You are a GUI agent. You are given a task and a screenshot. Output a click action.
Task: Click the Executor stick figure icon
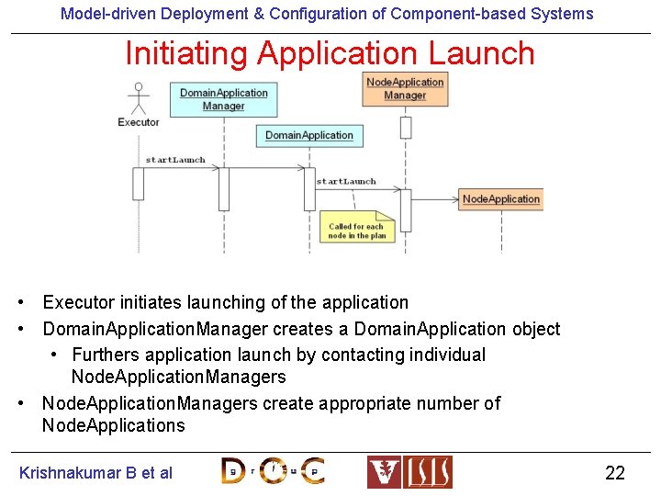(139, 97)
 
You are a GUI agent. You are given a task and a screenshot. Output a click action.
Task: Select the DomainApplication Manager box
(223, 99)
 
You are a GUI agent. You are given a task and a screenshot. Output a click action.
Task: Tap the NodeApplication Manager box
(405, 89)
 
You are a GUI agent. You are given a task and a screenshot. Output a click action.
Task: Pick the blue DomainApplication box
(309, 136)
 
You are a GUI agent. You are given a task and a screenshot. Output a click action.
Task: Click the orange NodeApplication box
(500, 199)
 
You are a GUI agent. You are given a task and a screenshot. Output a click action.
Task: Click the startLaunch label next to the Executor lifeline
(174, 160)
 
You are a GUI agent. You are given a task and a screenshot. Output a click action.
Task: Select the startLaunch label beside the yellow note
(346, 181)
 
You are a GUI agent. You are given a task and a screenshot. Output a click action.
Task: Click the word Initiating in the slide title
(187, 53)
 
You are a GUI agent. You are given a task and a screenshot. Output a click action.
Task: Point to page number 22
(614, 473)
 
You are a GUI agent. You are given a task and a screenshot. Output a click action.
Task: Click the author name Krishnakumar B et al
(95, 473)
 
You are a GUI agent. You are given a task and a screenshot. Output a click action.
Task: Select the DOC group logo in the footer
(273, 471)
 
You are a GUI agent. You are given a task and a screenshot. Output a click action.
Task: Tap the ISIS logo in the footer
(409, 472)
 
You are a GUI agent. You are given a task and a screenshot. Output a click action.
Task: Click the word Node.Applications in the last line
(113, 425)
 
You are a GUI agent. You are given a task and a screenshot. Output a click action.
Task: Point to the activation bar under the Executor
(139, 183)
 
